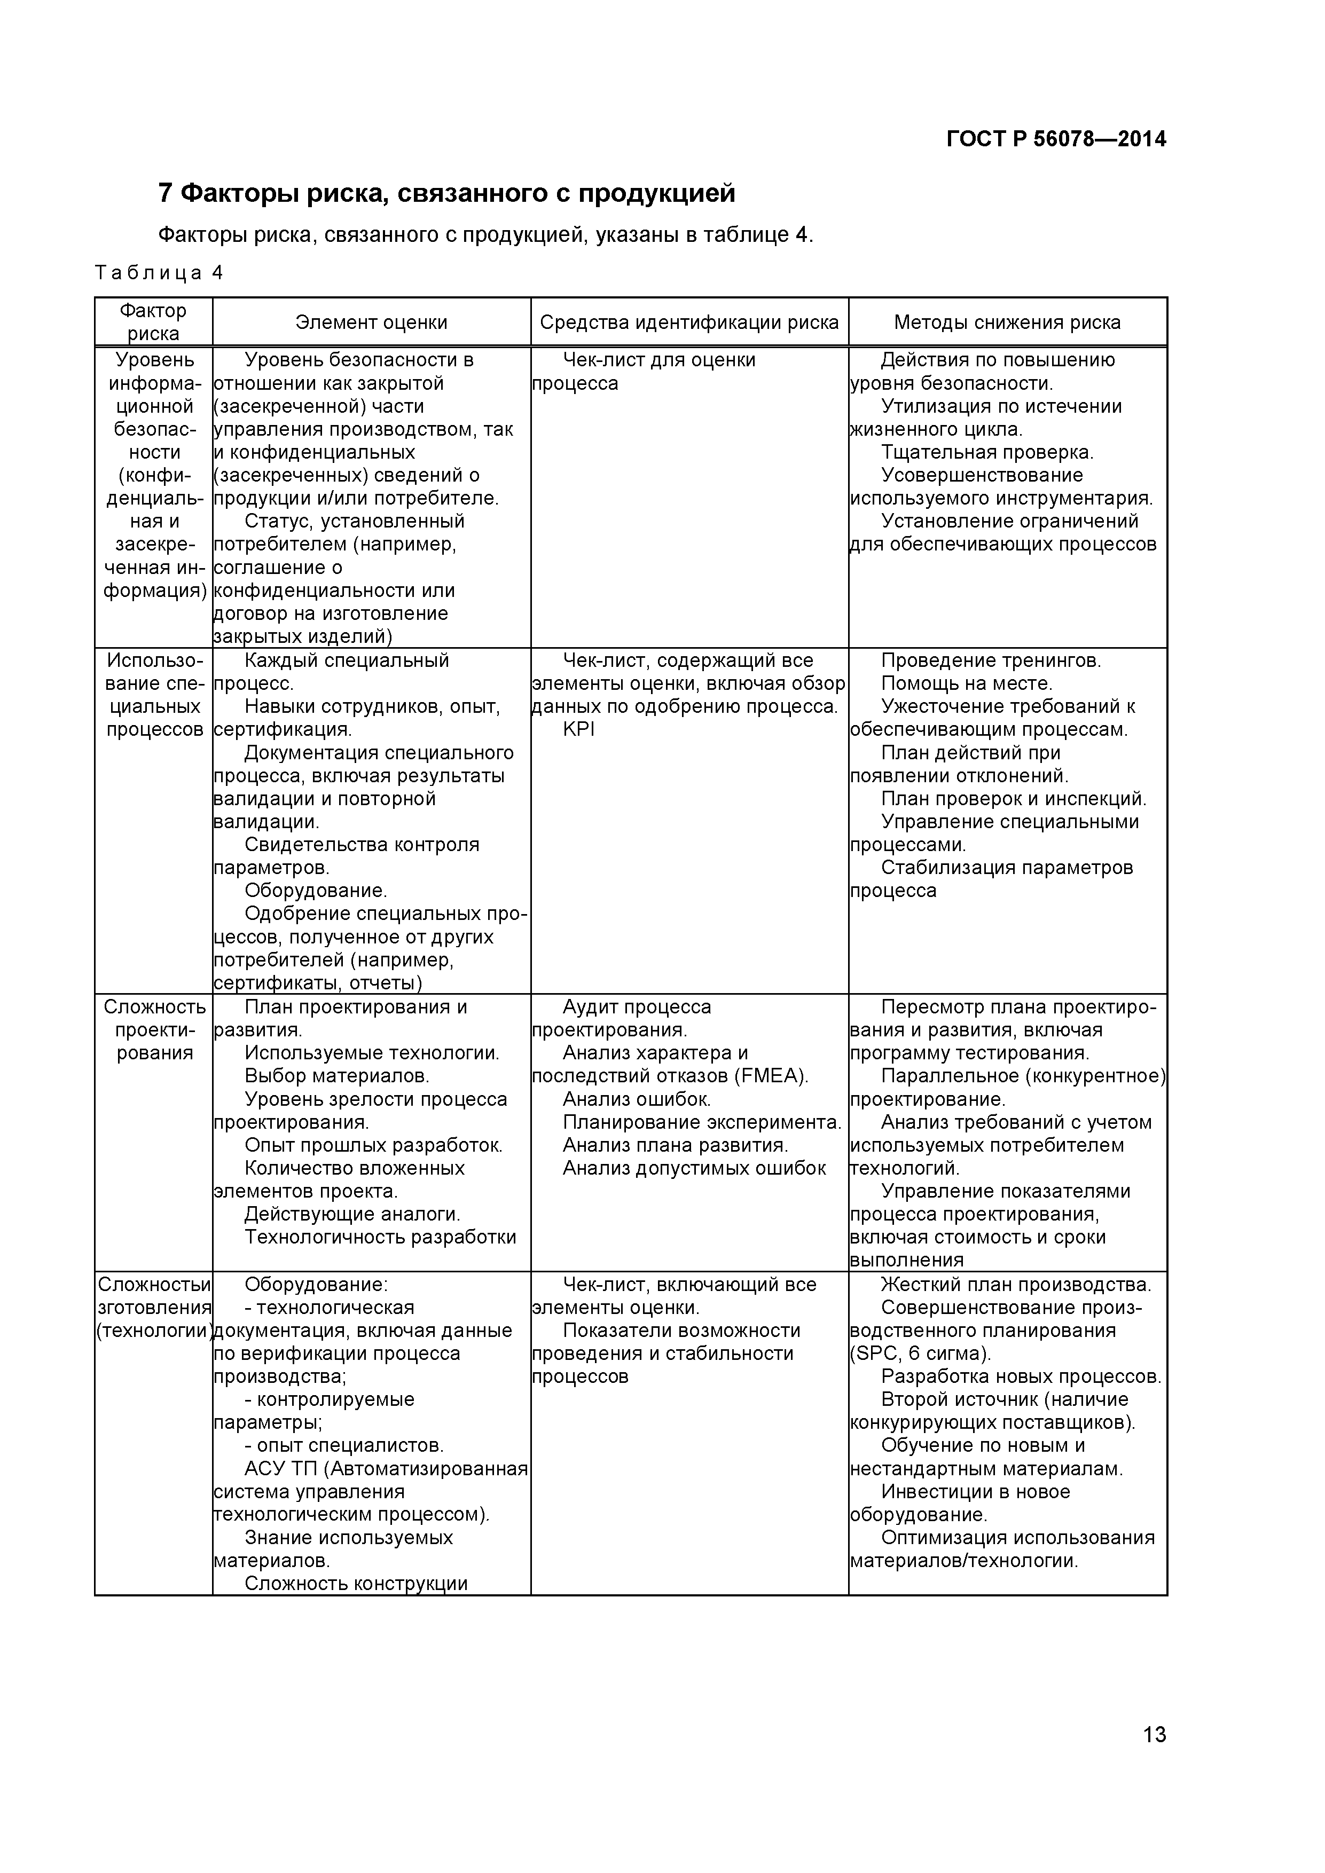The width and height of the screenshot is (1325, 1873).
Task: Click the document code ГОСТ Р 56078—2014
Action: (x=1056, y=139)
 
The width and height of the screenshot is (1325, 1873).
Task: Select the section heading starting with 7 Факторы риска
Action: (x=446, y=193)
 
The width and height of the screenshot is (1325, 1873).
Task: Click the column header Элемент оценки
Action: (x=371, y=322)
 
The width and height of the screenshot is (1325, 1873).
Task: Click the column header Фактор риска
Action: (x=153, y=322)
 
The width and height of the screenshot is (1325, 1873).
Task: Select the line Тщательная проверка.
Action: (x=987, y=452)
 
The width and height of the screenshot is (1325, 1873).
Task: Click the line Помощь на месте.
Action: (x=967, y=683)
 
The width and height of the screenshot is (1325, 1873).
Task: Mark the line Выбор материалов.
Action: (x=337, y=1076)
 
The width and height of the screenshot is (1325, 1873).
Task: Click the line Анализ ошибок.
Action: (x=637, y=1099)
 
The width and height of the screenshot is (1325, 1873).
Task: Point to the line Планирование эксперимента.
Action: (x=702, y=1122)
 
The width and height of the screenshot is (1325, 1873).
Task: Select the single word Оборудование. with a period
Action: (x=316, y=890)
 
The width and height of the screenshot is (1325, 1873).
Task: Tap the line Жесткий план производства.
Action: (x=1016, y=1284)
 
